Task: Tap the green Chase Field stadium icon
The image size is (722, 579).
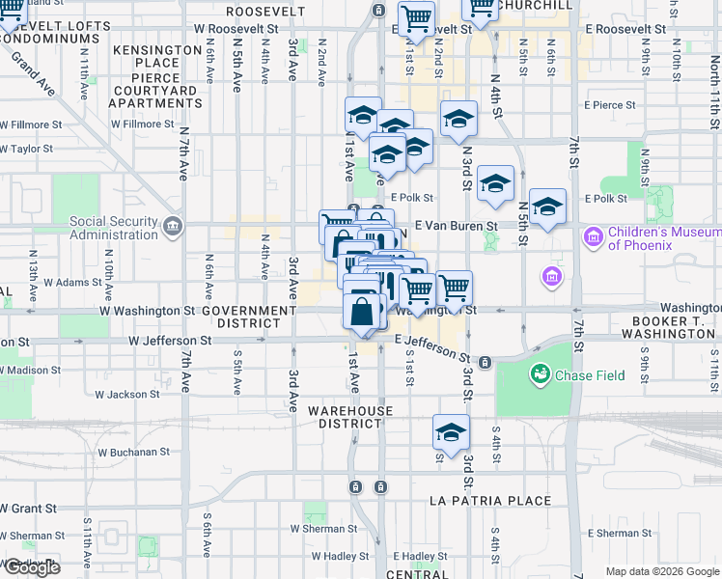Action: pyautogui.click(x=539, y=373)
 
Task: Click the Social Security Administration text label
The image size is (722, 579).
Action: pyautogui.click(x=113, y=228)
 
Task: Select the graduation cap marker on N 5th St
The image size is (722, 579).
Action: pyautogui.click(x=547, y=206)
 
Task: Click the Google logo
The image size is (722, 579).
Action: pyautogui.click(x=32, y=567)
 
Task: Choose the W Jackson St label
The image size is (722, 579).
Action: pyautogui.click(x=126, y=395)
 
